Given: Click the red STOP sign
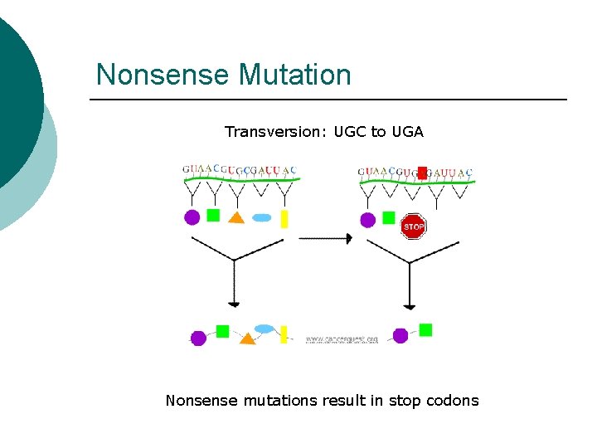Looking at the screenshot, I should coord(414,226).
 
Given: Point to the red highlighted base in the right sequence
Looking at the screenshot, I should coord(422,173).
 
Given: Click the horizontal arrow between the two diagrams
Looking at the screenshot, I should coord(325,238).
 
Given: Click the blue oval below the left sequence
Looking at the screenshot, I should coord(262,218).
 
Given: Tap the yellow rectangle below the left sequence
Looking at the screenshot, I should coord(284,218).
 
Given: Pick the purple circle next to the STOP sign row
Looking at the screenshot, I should coord(367,220).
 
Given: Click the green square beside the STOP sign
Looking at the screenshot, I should coord(388,217).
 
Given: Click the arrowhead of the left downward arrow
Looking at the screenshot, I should coord(235,304).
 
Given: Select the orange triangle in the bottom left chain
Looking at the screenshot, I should coord(246,338).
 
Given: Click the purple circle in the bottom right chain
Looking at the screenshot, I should coord(400,336).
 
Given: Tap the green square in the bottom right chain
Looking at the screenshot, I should coord(425,330).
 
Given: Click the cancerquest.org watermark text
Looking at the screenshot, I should coord(342,339).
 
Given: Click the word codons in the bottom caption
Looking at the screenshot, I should coord(452,401).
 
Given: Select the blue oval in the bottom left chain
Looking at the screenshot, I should coord(265,329).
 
